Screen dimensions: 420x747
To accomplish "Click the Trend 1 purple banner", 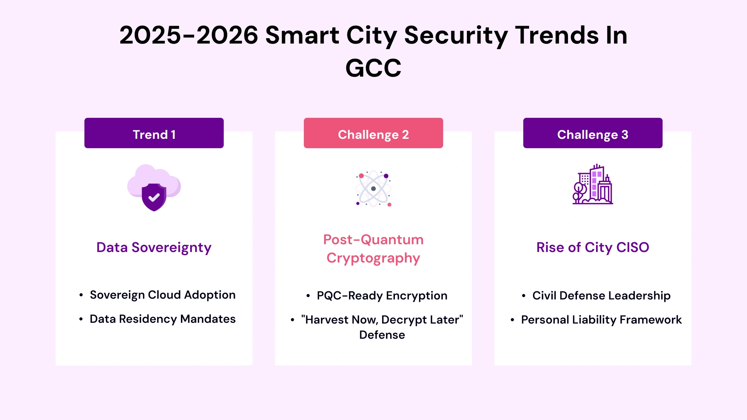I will [x=154, y=133].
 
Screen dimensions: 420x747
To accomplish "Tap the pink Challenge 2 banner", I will [x=373, y=133].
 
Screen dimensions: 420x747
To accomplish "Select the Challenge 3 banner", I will [x=593, y=133].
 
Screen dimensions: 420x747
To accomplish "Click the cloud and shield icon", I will [x=154, y=187].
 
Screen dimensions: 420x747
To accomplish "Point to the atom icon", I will [x=373, y=189].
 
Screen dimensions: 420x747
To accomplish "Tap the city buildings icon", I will [x=593, y=184].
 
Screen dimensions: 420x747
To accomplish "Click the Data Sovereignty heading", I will [x=154, y=247].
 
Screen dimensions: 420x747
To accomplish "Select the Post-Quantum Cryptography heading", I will [x=373, y=249].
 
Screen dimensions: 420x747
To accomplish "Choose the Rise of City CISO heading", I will [x=593, y=247].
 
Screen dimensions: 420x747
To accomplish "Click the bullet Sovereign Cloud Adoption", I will [x=162, y=295].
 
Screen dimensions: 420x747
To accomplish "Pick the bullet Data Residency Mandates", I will [x=162, y=319].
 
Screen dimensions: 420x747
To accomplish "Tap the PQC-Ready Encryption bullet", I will [x=382, y=296].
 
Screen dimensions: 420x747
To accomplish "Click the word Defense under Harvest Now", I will [x=382, y=335].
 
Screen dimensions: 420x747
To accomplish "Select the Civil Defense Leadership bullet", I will [x=601, y=296].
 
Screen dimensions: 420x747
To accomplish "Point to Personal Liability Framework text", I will [x=601, y=320].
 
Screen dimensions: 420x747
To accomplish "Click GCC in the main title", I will [x=373, y=68].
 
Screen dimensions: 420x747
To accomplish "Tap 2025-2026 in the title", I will [x=189, y=35].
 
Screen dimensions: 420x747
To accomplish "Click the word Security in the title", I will [x=456, y=35].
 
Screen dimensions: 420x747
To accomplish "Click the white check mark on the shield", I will [x=154, y=198].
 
